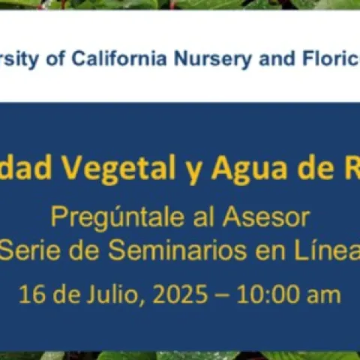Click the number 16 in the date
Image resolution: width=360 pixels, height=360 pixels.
click(33, 293)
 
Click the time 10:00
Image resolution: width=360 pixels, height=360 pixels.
click(267, 293)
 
